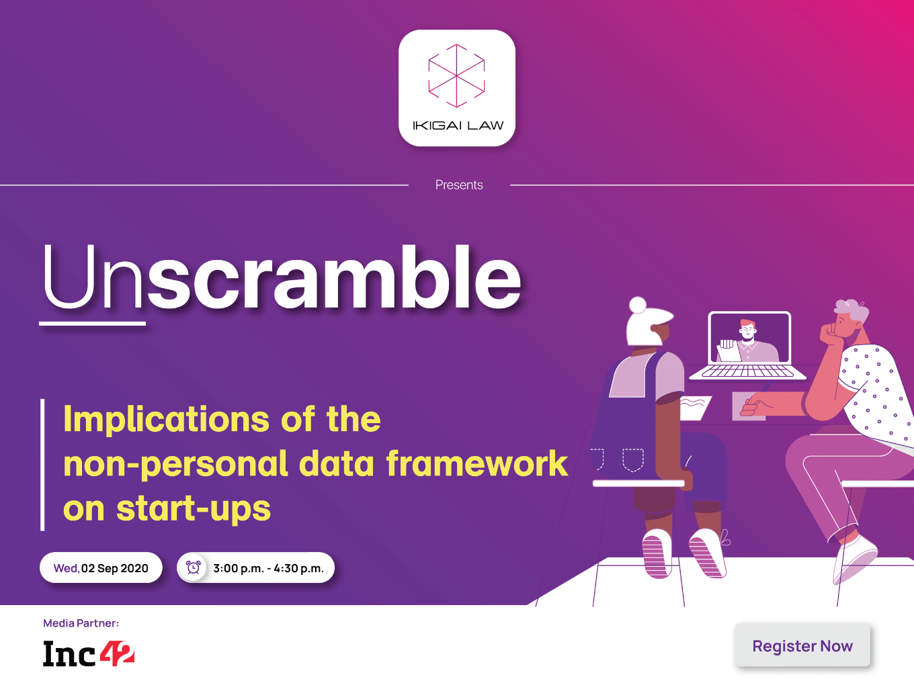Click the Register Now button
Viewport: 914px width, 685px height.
(x=802, y=645)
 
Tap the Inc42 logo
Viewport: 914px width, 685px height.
(x=89, y=653)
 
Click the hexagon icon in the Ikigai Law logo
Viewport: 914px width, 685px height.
(x=457, y=76)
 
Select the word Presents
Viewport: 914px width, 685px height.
(x=459, y=185)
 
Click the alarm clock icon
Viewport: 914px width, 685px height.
(x=193, y=567)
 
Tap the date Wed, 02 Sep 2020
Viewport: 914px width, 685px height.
(x=101, y=568)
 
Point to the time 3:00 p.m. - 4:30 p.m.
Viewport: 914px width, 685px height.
(x=269, y=568)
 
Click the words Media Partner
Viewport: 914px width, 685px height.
(x=81, y=623)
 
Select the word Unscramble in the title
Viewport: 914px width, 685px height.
(x=282, y=277)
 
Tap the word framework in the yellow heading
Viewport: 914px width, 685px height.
(x=477, y=463)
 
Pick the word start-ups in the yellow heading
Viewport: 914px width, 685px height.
(x=194, y=508)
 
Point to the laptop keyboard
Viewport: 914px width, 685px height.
(x=748, y=371)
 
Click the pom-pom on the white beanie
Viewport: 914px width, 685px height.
(x=638, y=306)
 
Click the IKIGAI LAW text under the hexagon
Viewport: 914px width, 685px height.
(x=458, y=126)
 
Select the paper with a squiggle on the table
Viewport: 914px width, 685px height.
(x=694, y=407)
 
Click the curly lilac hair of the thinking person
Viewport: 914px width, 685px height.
(x=851, y=310)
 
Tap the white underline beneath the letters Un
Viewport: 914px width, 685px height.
(x=93, y=323)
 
